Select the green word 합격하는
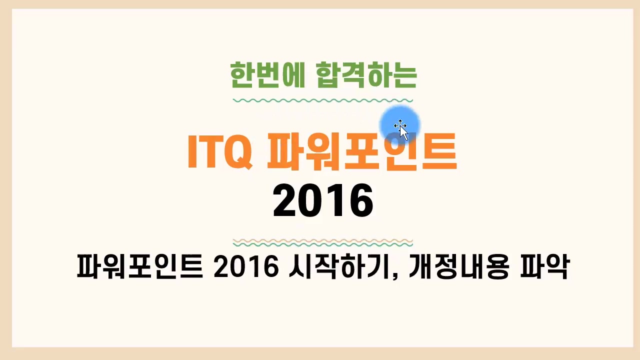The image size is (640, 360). (367, 75)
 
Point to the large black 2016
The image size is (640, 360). (323, 200)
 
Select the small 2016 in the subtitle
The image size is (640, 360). (245, 268)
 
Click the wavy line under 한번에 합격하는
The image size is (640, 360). (323, 100)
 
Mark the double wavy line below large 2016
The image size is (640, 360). (323, 243)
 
